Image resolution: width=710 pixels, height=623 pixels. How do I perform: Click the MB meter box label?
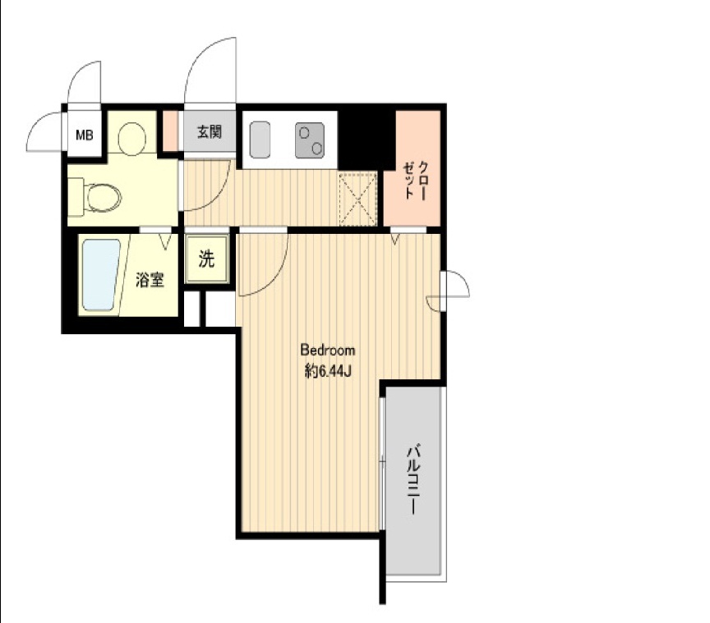[84, 135]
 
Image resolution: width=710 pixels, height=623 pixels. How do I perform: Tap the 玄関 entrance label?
[210, 131]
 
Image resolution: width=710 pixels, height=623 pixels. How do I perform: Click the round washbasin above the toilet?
[131, 139]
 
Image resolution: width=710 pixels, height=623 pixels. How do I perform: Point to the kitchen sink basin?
[260, 140]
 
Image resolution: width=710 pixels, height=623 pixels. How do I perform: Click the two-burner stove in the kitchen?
[310, 140]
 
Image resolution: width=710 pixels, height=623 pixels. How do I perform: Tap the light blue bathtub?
[100, 275]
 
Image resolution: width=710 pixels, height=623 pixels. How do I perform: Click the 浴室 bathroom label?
[150, 281]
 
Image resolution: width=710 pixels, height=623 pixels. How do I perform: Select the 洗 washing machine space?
[206, 259]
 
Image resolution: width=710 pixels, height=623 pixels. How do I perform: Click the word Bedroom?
[328, 350]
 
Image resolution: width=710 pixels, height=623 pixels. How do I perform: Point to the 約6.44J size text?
[328, 372]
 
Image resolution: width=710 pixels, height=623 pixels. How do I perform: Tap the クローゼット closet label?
[415, 180]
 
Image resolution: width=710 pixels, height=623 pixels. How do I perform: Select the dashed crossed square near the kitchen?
[358, 199]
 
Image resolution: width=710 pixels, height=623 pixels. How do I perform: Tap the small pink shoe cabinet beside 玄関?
[170, 131]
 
